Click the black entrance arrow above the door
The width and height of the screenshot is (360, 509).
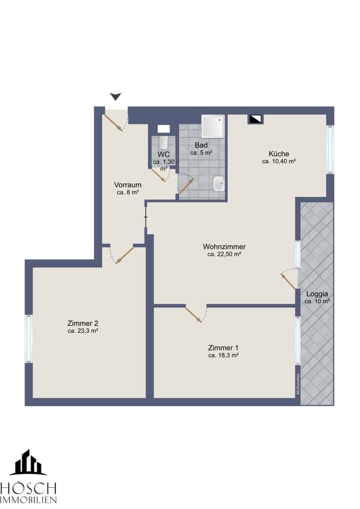[115, 97]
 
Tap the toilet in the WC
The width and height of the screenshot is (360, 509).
[164, 142]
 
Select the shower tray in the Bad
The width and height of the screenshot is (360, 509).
[213, 126]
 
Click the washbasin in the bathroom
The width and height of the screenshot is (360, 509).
[218, 184]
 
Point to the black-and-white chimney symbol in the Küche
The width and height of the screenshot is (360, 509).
[255, 119]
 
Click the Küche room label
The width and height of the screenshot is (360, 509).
[279, 154]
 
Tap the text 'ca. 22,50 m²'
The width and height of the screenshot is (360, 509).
[224, 254]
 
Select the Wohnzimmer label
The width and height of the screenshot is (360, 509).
[224, 246]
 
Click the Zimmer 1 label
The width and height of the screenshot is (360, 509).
[223, 348]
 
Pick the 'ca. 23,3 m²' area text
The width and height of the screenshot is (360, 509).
[83, 331]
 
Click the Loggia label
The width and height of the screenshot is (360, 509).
[317, 294]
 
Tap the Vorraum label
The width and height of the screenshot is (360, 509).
[128, 185]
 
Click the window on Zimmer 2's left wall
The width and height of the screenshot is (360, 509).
[29, 338]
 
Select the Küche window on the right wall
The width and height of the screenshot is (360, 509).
[330, 149]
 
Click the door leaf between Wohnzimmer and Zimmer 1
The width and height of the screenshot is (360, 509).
[194, 314]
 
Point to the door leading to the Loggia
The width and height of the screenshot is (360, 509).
[288, 281]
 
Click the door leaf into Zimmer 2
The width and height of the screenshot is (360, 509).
[125, 255]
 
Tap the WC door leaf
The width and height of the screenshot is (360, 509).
[159, 176]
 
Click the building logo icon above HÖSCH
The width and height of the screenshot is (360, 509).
[28, 462]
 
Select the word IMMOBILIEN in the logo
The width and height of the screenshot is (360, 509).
[29, 500]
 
